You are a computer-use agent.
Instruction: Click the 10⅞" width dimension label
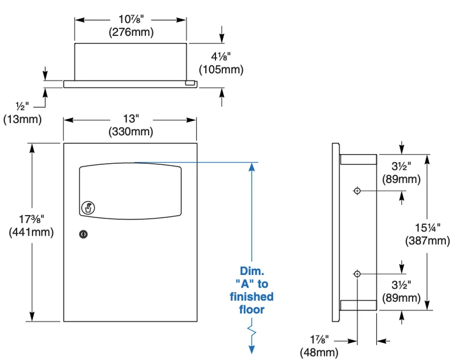click(131, 19)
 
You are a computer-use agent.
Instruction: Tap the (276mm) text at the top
click(131, 32)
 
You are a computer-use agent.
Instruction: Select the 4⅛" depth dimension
click(221, 56)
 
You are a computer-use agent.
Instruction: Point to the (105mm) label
click(221, 70)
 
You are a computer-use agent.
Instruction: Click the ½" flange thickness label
click(22, 106)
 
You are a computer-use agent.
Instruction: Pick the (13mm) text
click(22, 119)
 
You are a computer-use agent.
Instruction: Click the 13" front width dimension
click(131, 119)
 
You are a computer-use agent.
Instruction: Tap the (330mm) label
click(131, 132)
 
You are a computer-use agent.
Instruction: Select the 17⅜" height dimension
click(31, 219)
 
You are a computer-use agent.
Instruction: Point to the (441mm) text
click(31, 232)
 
